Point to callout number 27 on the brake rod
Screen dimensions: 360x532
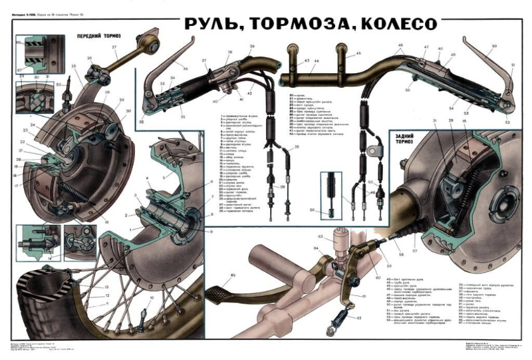[114, 47]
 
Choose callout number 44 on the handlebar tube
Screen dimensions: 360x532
[317, 60]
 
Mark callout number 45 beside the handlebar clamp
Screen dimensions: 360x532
[357, 53]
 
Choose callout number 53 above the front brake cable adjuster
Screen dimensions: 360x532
[59, 85]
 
